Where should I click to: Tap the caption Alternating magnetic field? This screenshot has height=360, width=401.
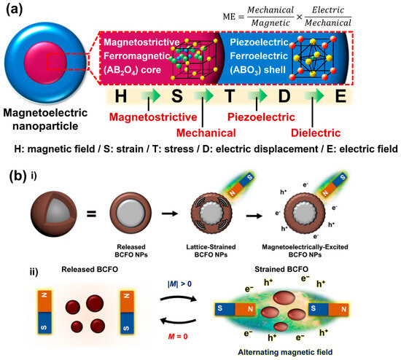click(x=304, y=351)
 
